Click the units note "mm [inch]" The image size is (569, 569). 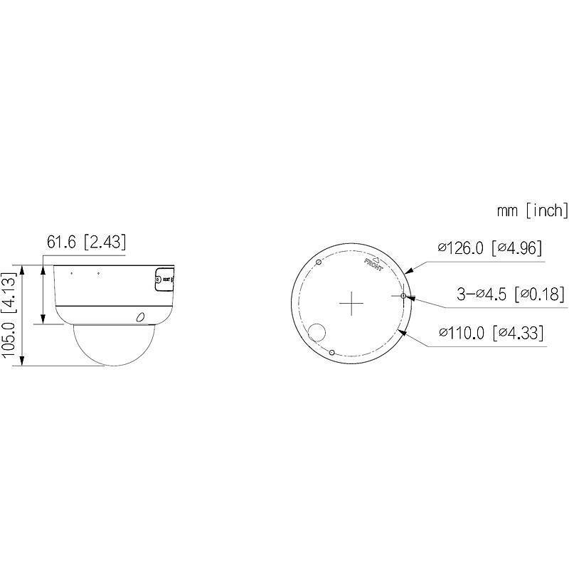533,211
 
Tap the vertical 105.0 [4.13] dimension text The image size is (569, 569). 11,314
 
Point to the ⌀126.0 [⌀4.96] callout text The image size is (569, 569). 490,248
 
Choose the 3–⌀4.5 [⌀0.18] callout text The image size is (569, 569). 509,294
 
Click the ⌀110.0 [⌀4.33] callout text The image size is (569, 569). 490,332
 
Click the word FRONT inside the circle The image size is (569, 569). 374,265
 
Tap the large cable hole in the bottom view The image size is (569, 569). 317,332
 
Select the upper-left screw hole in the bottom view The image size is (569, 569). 318,262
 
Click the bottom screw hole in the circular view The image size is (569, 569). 332,351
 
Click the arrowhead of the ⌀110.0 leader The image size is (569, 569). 403,331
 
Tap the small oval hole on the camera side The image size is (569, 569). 141,317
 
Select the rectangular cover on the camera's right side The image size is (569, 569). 164,280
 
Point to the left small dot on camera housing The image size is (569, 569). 71,272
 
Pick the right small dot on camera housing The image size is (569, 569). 98,272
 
